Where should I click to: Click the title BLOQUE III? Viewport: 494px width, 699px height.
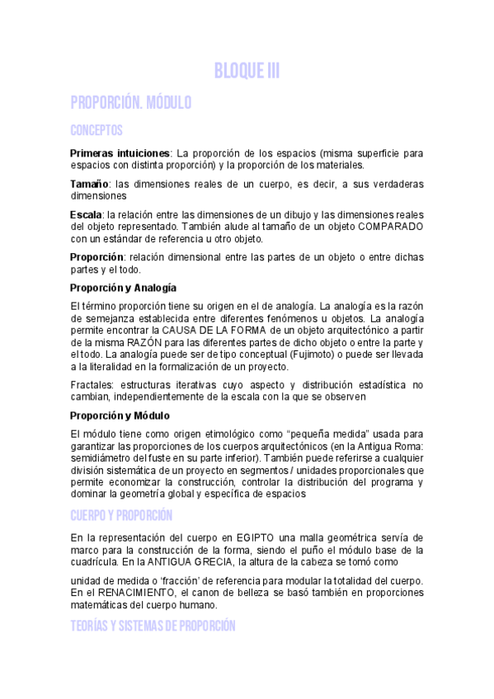(x=247, y=72)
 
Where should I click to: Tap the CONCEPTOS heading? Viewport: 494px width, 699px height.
(x=96, y=130)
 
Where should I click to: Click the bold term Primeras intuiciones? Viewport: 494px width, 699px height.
(x=120, y=153)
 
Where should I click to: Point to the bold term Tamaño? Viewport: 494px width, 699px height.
(x=89, y=184)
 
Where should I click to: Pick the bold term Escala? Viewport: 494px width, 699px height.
(x=86, y=214)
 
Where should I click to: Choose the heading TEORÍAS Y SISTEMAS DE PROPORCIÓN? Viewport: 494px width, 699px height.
(x=153, y=626)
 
